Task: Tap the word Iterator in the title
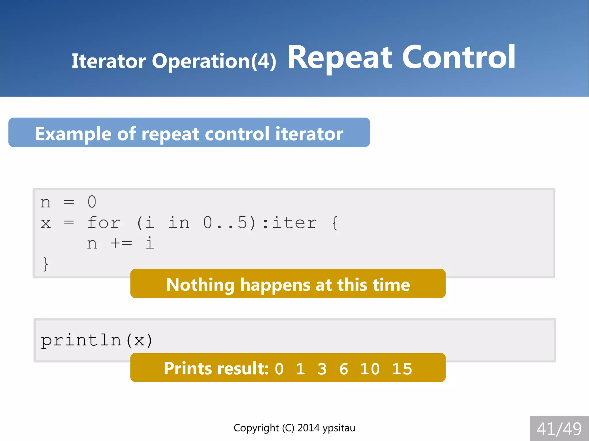tap(108, 61)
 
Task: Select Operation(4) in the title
tap(214, 61)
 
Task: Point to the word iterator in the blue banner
tap(309, 134)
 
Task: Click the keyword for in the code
tap(104, 223)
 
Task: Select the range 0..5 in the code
tap(225, 223)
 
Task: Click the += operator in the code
tap(121, 244)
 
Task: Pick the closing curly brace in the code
tap(45, 264)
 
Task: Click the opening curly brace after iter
tap(335, 223)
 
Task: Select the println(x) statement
tap(96, 340)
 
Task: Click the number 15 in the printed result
tap(402, 369)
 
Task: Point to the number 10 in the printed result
tap(370, 369)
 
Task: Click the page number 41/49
tap(559, 429)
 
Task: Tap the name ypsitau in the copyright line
tap(339, 428)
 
